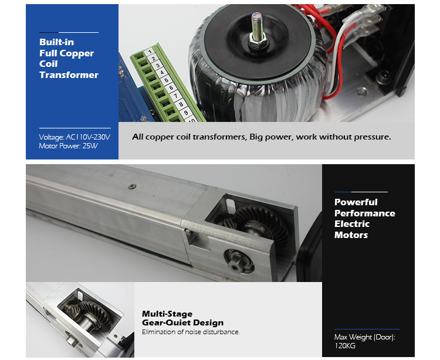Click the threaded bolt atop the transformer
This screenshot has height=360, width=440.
click(x=258, y=26)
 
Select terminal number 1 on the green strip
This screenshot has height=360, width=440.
click(x=150, y=52)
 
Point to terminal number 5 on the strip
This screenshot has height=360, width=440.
click(x=167, y=80)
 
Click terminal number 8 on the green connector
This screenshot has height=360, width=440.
click(x=181, y=104)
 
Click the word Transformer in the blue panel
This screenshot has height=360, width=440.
click(x=69, y=75)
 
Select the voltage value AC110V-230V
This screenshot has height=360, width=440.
click(x=88, y=137)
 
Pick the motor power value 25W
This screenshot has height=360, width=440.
click(x=90, y=146)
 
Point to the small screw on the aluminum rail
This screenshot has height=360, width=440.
click(x=132, y=186)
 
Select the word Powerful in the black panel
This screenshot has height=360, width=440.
click(x=356, y=202)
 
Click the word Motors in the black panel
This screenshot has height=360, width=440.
click(x=351, y=235)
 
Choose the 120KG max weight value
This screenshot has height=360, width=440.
click(x=344, y=346)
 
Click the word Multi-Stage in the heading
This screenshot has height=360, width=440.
click(x=167, y=314)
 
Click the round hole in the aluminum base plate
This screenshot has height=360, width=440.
click(x=362, y=91)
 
